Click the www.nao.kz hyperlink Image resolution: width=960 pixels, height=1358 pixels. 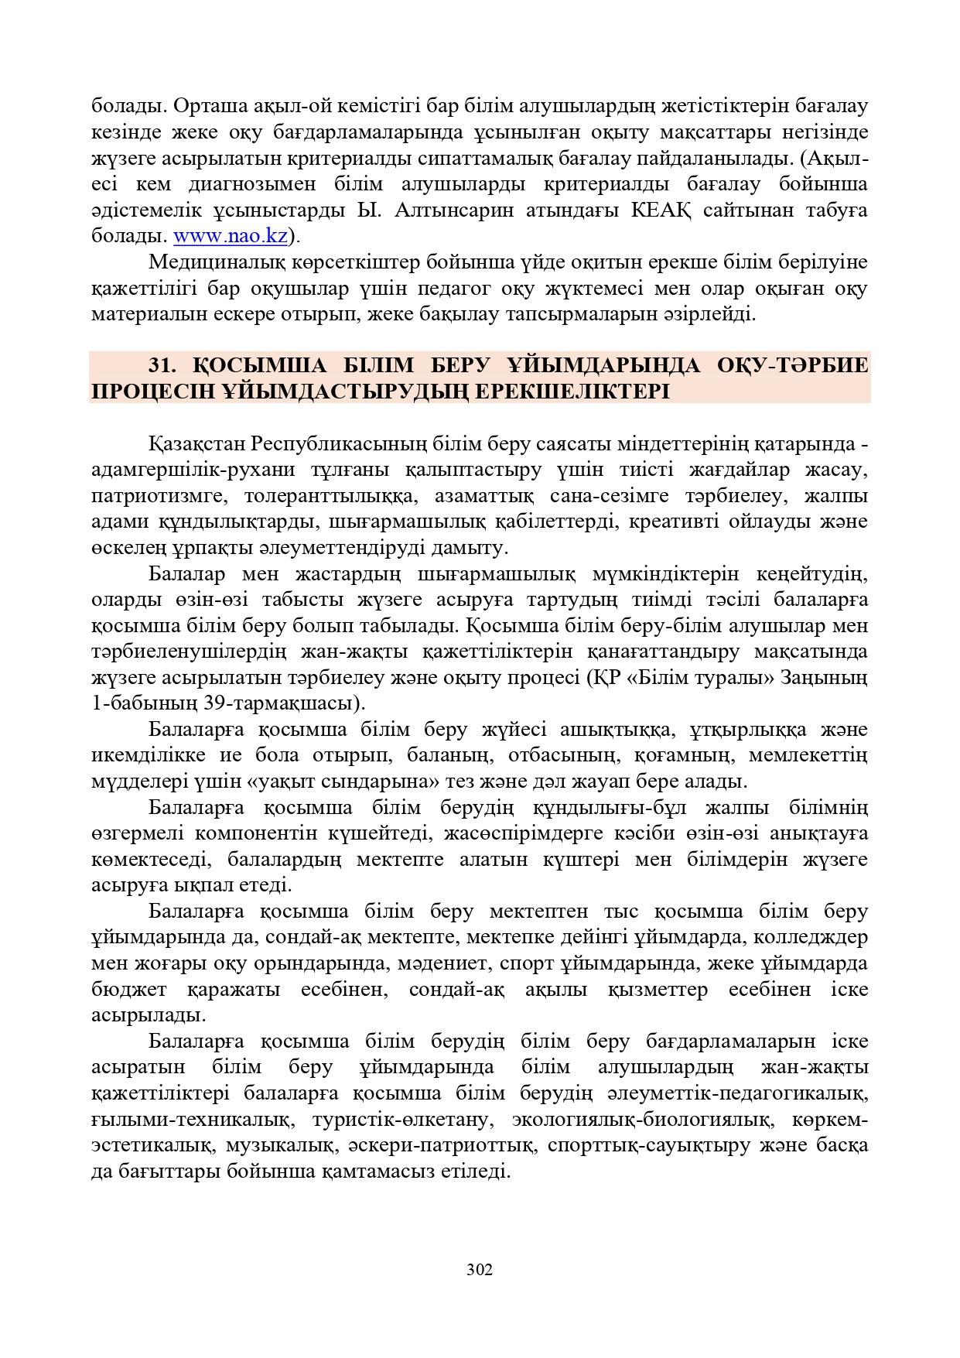pos(230,236)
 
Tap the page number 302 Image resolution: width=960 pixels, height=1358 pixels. pos(480,1270)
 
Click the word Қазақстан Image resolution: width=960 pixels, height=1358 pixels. pos(197,445)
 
